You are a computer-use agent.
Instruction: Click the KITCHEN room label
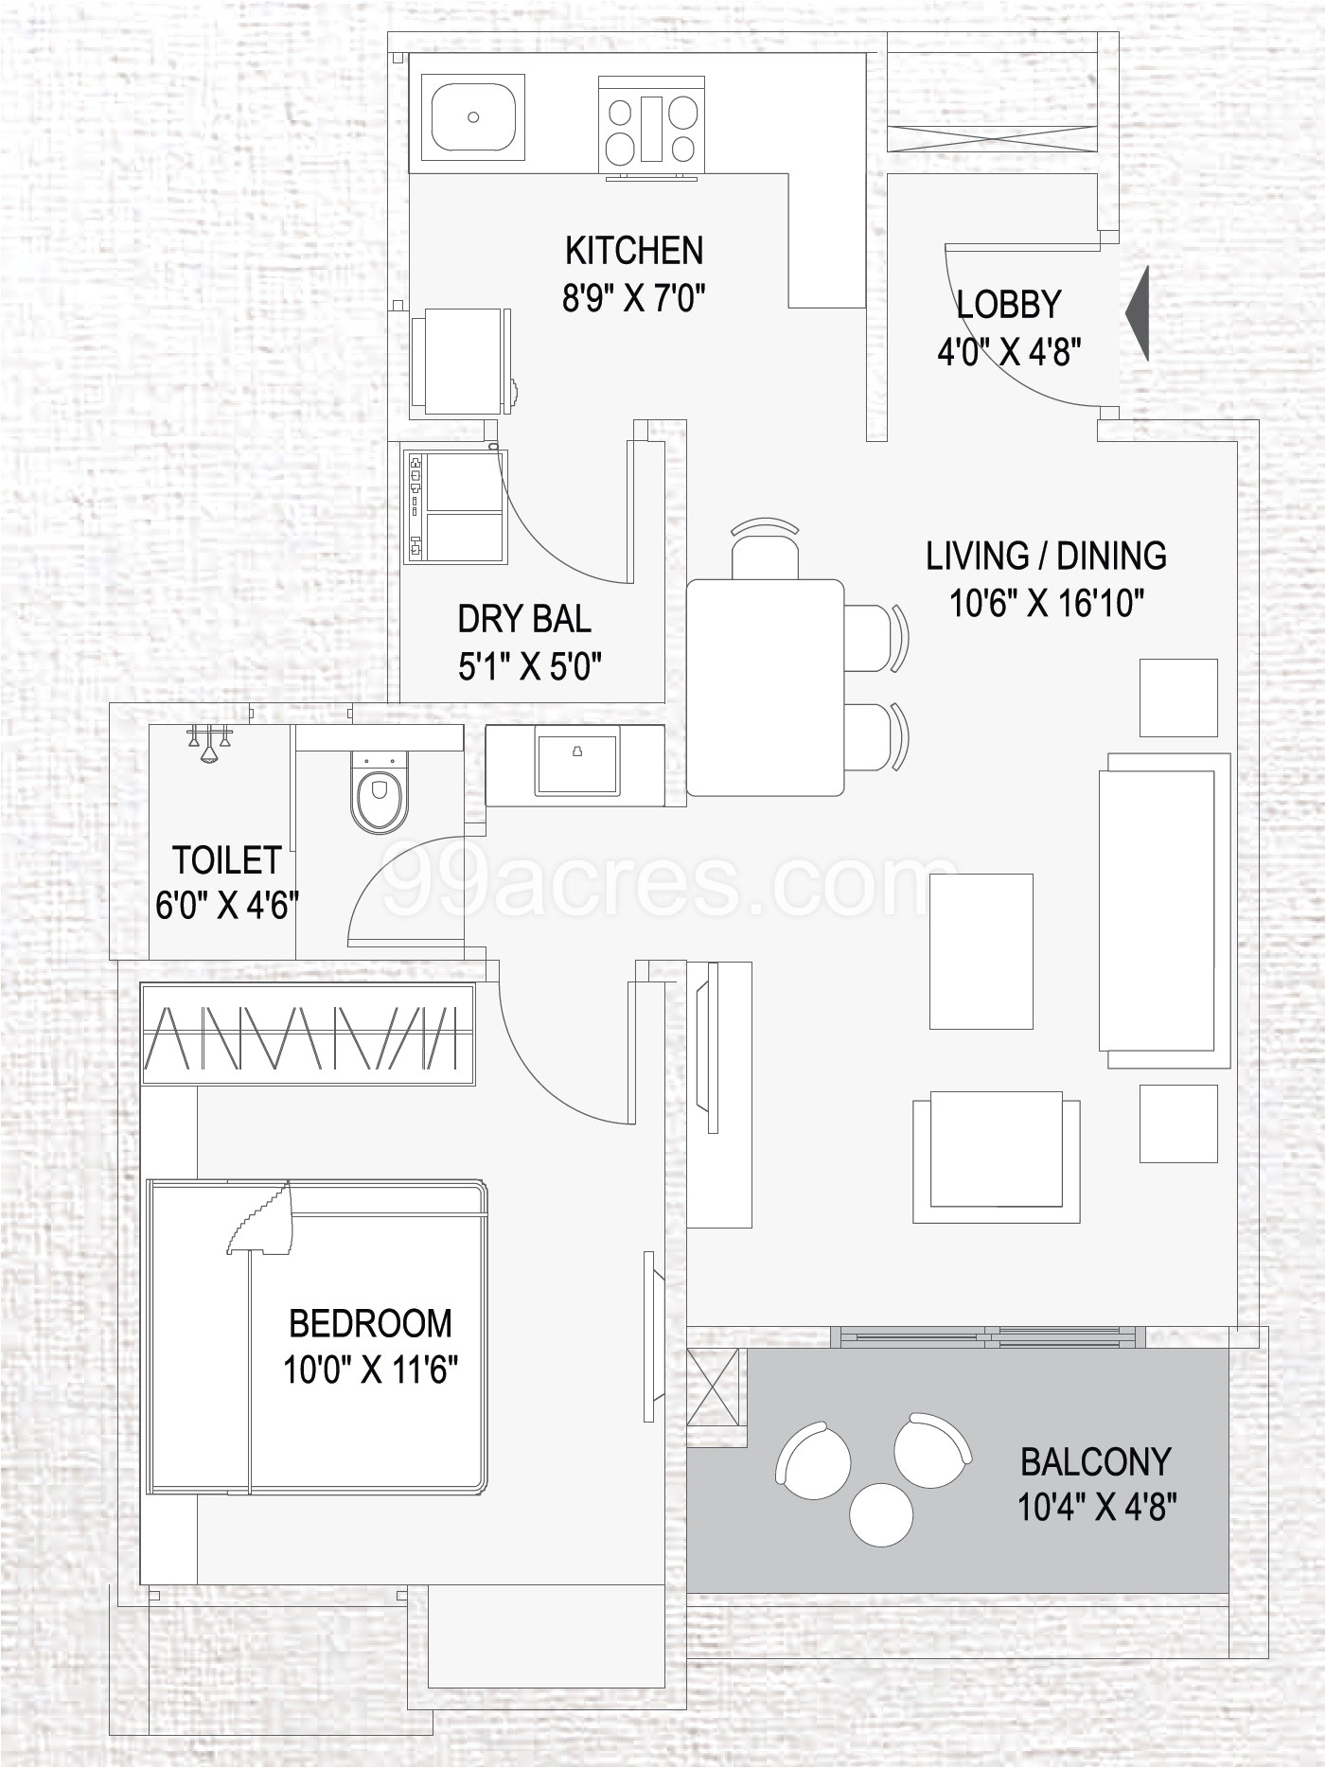634,252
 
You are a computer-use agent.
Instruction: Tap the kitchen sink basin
472,116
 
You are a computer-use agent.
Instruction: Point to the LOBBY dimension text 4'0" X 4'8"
1009,353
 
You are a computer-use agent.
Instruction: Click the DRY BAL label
524,619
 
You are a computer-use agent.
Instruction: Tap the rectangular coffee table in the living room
981,951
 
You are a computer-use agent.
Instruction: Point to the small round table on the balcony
881,1514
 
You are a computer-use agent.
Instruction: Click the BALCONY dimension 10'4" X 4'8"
1096,1507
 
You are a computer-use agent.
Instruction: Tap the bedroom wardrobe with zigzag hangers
308,1034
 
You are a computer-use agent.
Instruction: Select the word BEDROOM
370,1323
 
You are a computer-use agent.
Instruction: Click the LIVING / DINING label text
1046,556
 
